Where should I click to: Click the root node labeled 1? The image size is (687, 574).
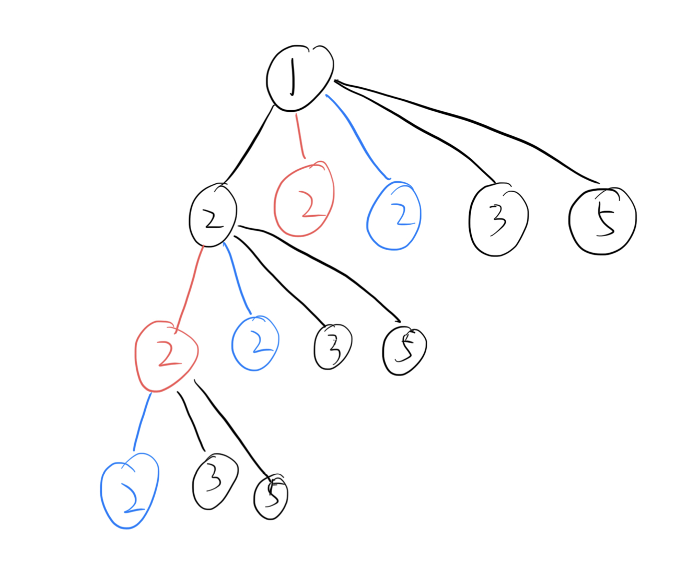pos(299,78)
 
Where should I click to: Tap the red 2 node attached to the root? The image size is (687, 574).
pos(304,199)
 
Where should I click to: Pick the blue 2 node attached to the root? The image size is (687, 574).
pos(394,216)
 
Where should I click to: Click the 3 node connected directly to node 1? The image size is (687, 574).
pos(497,219)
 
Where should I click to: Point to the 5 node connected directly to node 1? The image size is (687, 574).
pos(602,220)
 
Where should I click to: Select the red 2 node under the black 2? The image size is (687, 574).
pos(166,356)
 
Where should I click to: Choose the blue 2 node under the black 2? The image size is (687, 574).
pos(255,343)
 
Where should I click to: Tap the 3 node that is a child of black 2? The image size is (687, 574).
pos(333,346)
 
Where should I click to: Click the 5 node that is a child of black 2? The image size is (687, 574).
pos(404,352)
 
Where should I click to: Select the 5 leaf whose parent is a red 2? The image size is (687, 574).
pos(271,497)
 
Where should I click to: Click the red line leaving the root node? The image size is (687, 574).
pos(300,135)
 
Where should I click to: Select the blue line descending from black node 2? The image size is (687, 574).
pos(237,279)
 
